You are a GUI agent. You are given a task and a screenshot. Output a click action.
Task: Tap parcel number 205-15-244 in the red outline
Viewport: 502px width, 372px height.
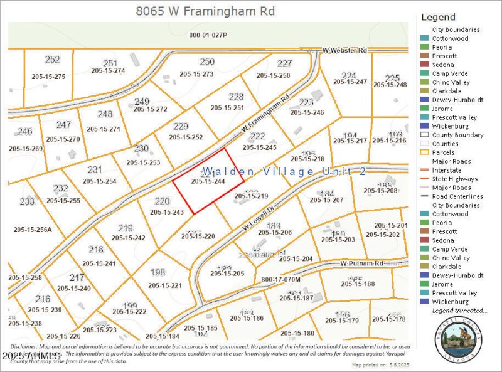click(x=208, y=181)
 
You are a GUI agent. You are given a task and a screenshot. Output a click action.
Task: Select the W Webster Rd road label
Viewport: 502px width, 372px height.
click(x=344, y=50)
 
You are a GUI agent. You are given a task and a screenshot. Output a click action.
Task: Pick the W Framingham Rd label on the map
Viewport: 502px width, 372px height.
click(x=267, y=112)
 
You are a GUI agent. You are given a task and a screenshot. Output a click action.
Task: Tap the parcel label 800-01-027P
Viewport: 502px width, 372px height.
click(x=208, y=35)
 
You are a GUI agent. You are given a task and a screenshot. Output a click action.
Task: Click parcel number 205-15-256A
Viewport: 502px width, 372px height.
click(x=33, y=229)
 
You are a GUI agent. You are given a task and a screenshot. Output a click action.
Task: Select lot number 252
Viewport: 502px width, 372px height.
click(x=52, y=60)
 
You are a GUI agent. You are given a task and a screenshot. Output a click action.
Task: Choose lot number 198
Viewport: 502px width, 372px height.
click(x=158, y=272)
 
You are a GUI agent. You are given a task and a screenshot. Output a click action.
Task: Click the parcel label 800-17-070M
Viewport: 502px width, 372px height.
click(x=280, y=279)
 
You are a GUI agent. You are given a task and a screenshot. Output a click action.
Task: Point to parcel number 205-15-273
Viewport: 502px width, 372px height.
click(x=196, y=74)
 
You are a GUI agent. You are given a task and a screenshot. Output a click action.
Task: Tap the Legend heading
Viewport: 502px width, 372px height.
click(x=438, y=17)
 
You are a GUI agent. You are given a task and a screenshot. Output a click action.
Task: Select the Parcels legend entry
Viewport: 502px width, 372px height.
click(x=443, y=152)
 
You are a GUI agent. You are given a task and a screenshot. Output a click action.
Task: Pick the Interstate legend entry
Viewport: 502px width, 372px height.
click(x=446, y=170)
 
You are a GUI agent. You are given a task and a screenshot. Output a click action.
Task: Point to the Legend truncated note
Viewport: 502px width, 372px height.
click(x=459, y=311)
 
